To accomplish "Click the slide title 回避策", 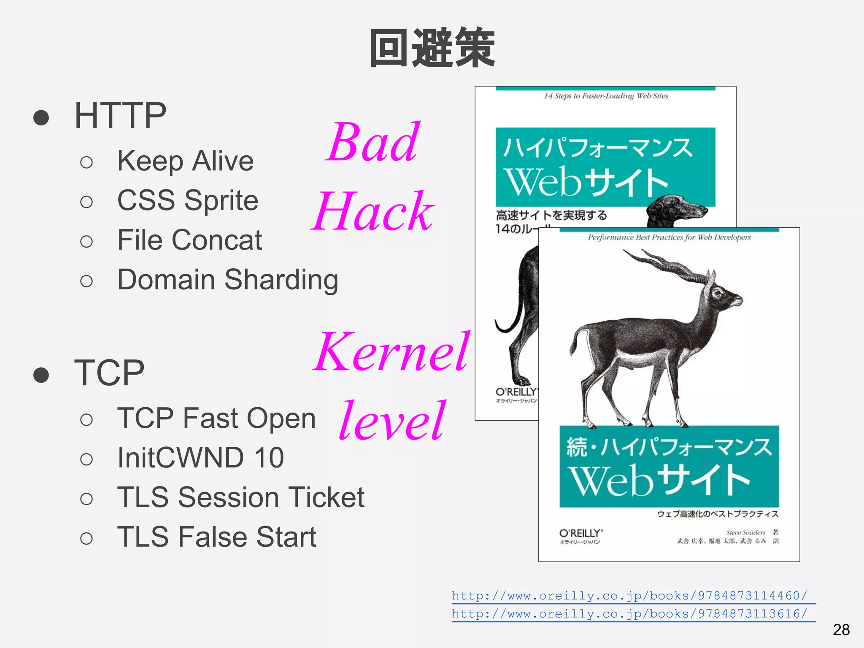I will pos(432,48).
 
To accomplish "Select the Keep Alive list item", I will pos(185,161).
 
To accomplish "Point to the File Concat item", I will pos(189,240).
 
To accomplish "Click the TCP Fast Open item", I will pos(216,418).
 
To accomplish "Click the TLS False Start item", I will pos(216,537).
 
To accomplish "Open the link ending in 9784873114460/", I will pos(629,596).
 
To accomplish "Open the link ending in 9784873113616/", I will pos(629,613).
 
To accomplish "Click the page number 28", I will pos(841,630).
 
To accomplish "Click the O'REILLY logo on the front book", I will pos(581,533).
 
